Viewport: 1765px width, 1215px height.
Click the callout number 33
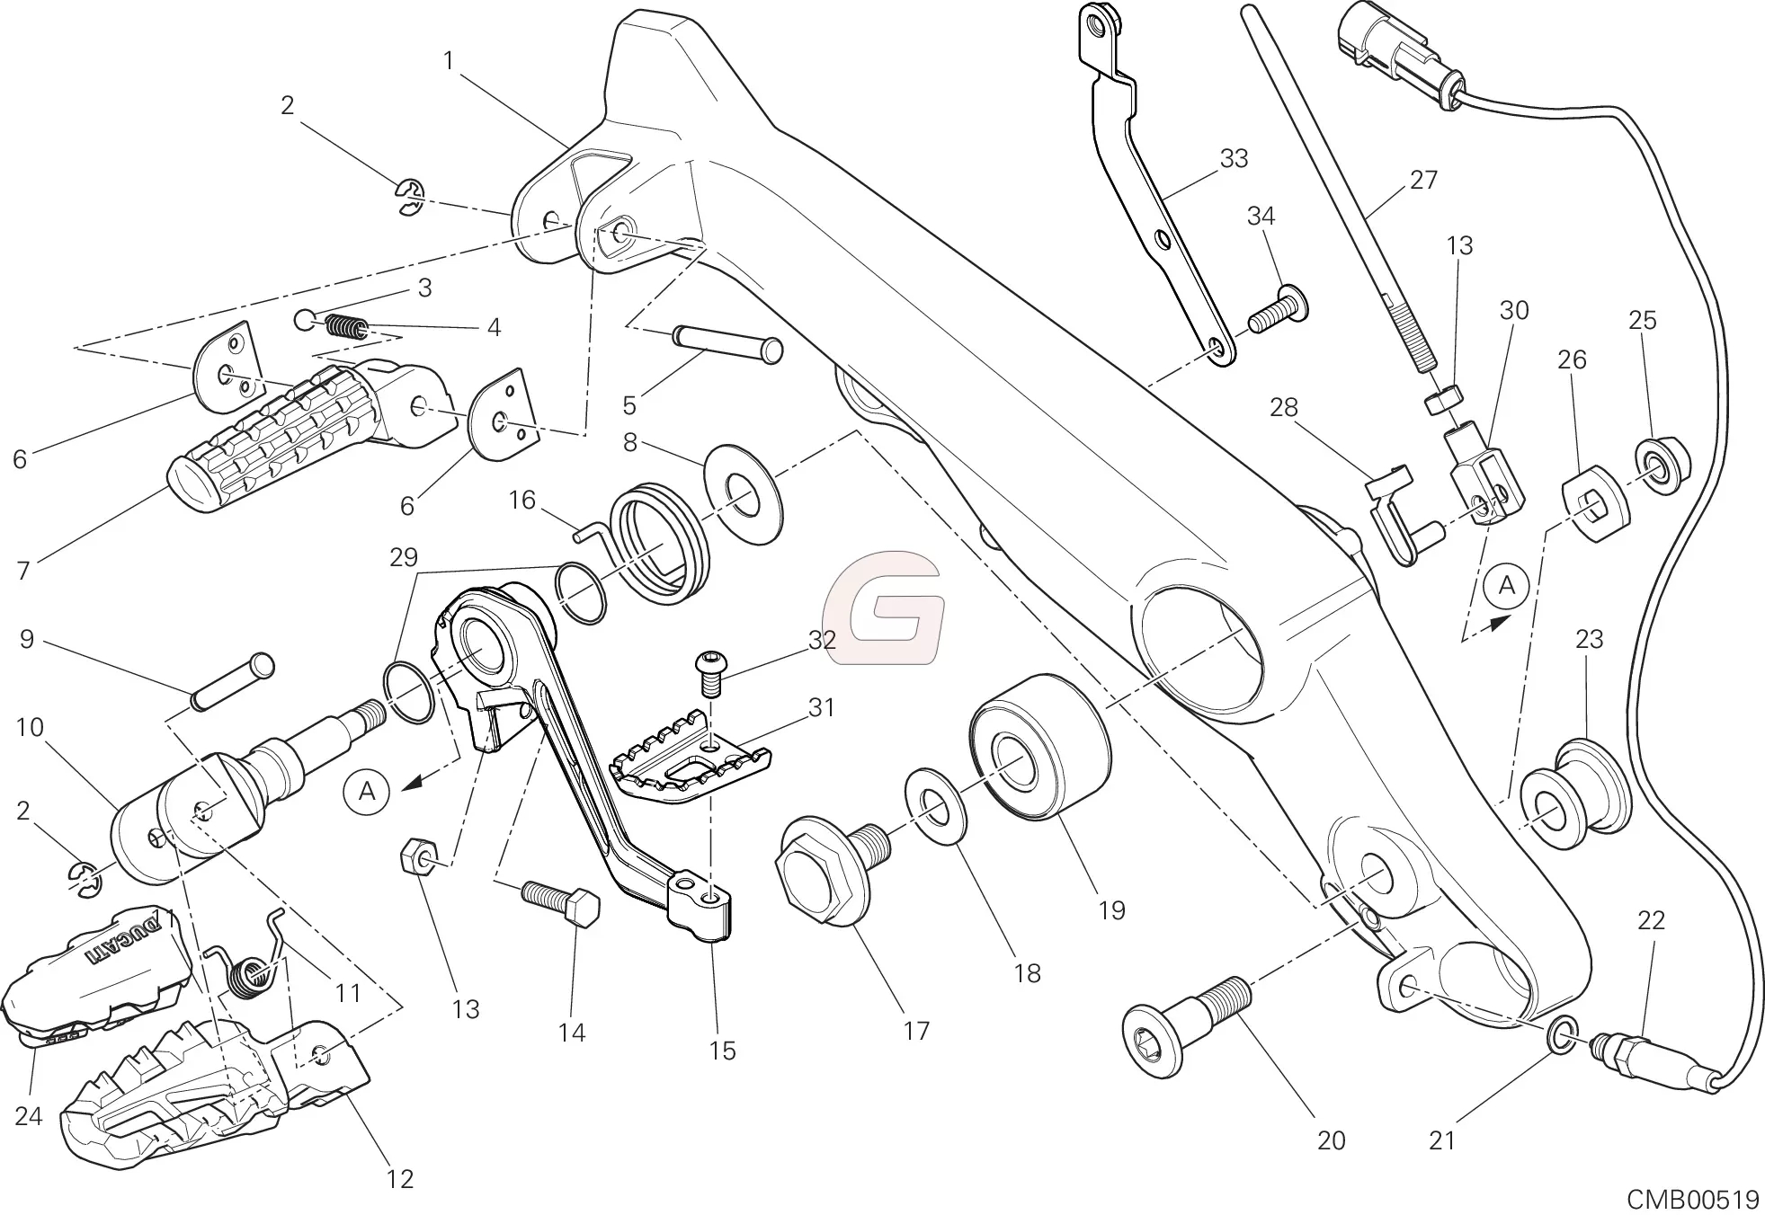[x=1234, y=159]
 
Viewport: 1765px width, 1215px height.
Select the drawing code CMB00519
[x=1692, y=1199]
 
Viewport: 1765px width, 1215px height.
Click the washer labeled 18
[x=937, y=808]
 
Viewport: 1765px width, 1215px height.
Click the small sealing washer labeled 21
[x=1562, y=1034]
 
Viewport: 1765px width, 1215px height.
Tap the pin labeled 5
[x=727, y=343]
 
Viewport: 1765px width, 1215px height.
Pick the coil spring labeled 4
[x=345, y=327]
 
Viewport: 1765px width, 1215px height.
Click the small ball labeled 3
[x=306, y=319]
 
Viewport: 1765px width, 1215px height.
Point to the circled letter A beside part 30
[x=1507, y=586]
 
